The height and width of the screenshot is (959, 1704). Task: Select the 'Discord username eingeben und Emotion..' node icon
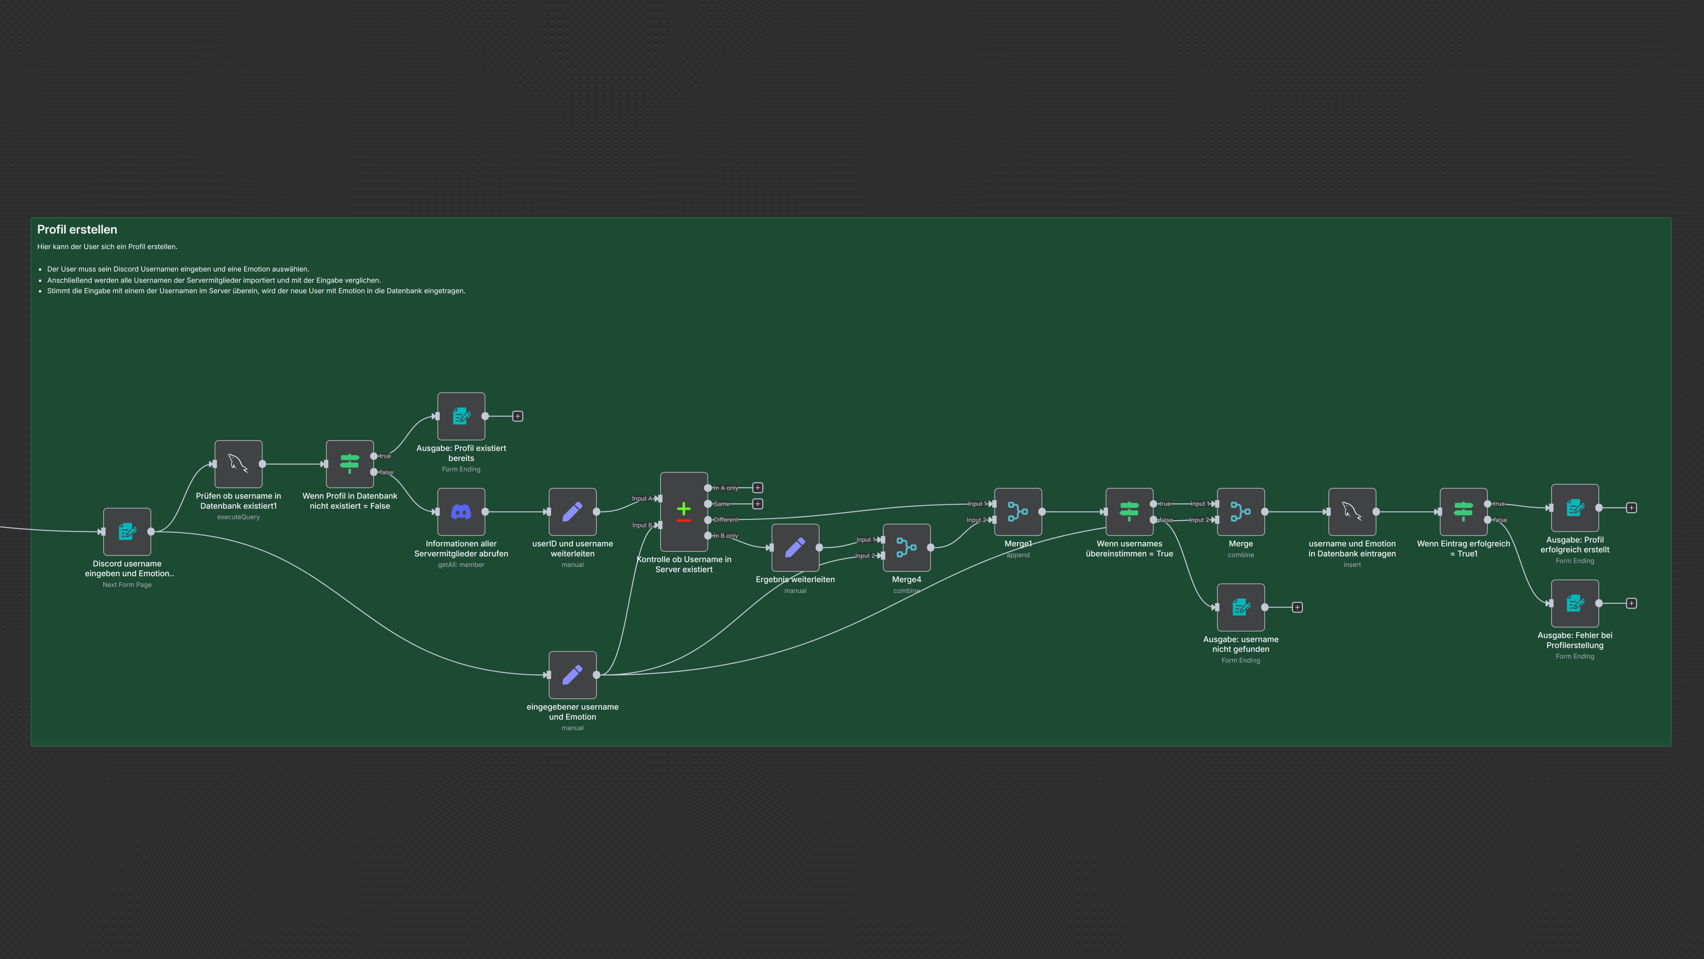pyautogui.click(x=127, y=531)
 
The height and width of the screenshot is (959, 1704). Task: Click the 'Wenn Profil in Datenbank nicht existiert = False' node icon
pyautogui.click(x=350, y=464)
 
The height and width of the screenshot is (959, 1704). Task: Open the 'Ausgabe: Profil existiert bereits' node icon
pyautogui.click(x=461, y=416)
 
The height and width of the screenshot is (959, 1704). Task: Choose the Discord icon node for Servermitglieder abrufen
pyautogui.click(x=461, y=512)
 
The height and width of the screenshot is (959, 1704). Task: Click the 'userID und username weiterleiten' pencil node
pyautogui.click(x=573, y=512)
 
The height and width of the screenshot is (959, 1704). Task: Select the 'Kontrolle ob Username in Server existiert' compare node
pyautogui.click(x=684, y=512)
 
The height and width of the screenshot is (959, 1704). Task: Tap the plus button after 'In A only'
pyautogui.click(x=758, y=488)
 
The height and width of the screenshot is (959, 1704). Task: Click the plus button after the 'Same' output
pyautogui.click(x=758, y=504)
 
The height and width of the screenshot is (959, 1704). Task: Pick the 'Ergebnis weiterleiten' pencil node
pyautogui.click(x=795, y=547)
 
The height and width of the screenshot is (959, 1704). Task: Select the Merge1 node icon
pyautogui.click(x=1018, y=512)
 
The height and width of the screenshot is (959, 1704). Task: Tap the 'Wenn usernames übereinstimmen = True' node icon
pyautogui.click(x=1129, y=512)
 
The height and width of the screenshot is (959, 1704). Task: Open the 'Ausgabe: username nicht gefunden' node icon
pyautogui.click(x=1241, y=607)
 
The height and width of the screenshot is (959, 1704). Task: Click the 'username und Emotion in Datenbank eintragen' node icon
pyautogui.click(x=1352, y=512)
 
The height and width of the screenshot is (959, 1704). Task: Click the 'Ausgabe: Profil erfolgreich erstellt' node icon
pyautogui.click(x=1575, y=508)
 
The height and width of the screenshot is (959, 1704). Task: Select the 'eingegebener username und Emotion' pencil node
pyautogui.click(x=573, y=675)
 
